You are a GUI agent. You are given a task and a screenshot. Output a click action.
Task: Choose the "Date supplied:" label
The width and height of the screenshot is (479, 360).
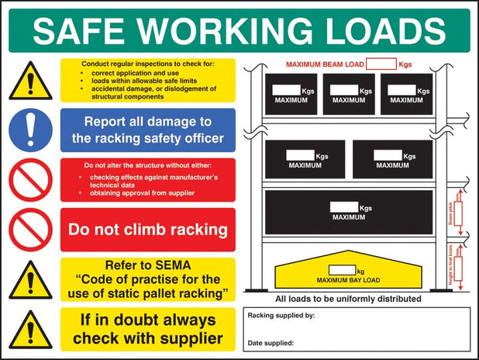[271, 342]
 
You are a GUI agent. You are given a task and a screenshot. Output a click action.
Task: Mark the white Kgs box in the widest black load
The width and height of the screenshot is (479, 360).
[345, 208]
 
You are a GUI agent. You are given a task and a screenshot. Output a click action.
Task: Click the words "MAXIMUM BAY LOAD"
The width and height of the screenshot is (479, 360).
[348, 279]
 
